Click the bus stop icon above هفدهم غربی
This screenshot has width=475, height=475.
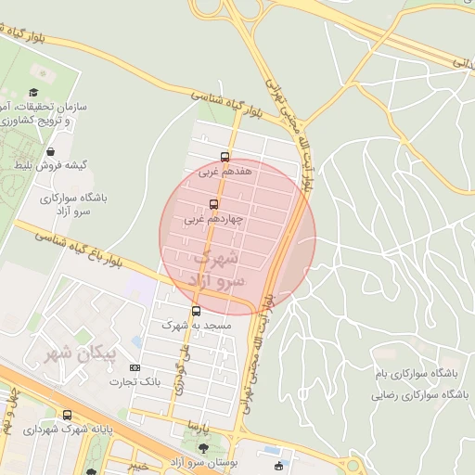[225, 157]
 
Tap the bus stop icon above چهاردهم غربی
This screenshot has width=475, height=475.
[214, 204]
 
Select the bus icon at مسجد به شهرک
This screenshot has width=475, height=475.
[196, 311]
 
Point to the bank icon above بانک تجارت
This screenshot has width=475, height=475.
[138, 367]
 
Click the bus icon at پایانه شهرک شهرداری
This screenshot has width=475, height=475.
[67, 415]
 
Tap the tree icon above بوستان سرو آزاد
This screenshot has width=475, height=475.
[203, 447]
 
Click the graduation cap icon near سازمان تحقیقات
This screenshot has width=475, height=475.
[33, 93]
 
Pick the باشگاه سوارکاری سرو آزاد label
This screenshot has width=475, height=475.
[76, 205]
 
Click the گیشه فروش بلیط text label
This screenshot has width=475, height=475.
[50, 165]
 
